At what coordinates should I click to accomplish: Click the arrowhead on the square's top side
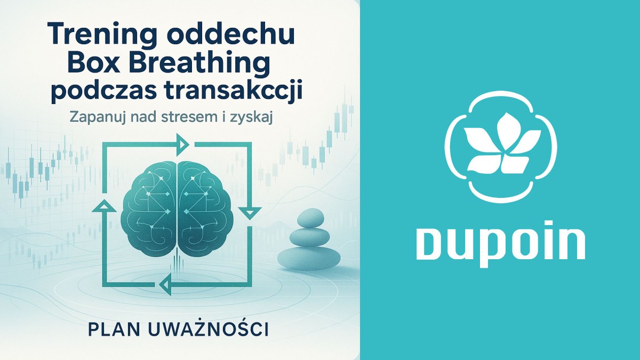182,143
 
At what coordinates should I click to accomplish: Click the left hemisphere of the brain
150,207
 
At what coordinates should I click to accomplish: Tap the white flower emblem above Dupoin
499,145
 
